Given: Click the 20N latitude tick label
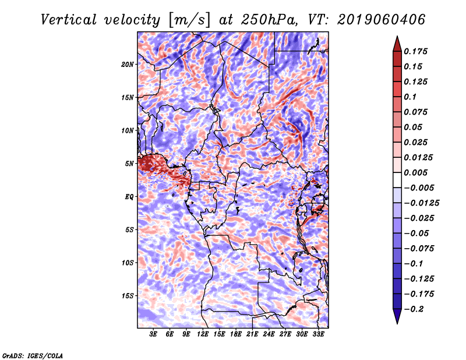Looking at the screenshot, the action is click(x=128, y=65).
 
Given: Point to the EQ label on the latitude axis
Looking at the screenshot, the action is click(x=129, y=197).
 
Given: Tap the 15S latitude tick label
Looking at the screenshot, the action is click(x=128, y=296).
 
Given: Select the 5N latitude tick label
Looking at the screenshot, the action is click(x=129, y=164).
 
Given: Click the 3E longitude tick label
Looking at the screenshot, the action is click(x=153, y=334).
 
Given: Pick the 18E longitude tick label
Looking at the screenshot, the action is click(x=236, y=334).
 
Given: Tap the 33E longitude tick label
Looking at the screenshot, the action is click(x=318, y=334).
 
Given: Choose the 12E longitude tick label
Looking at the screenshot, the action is click(x=203, y=334).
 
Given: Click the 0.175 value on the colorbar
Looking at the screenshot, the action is click(x=415, y=51).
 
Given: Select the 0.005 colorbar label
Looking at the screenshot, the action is click(x=415, y=172).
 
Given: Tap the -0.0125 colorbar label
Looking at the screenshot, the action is click(x=421, y=203).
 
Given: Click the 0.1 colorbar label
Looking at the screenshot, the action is click(x=410, y=97).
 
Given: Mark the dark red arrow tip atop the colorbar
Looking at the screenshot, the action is click(x=397, y=36).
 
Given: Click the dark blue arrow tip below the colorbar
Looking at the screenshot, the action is click(x=397, y=323).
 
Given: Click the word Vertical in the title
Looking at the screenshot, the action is click(x=69, y=20).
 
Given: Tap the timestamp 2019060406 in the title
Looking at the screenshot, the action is click(x=382, y=20).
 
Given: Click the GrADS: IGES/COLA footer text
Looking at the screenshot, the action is click(x=33, y=355).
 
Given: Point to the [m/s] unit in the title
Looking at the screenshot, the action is click(x=189, y=20).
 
